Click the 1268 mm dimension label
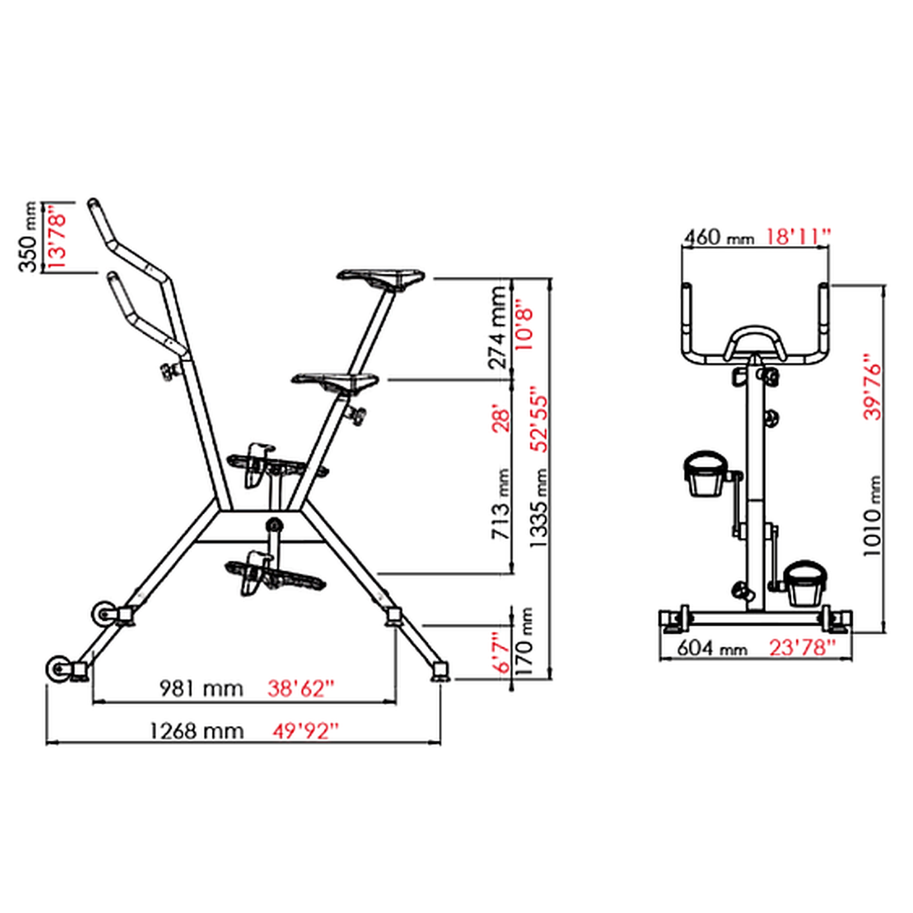(197, 731)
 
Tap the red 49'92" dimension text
(306, 731)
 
